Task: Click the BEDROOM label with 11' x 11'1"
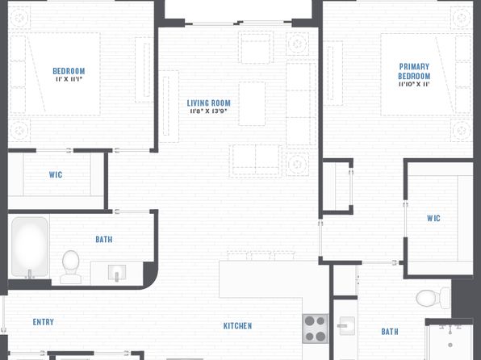(69, 71)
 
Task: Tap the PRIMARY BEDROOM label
(414, 71)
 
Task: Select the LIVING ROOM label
(208, 103)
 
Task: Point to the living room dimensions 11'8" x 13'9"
(208, 111)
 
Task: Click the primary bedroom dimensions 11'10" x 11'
(414, 84)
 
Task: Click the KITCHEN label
(238, 325)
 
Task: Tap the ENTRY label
(44, 322)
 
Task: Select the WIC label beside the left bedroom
(56, 174)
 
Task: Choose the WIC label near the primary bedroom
(433, 218)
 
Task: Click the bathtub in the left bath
(30, 247)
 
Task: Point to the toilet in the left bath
(71, 266)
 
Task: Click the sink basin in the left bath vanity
(117, 273)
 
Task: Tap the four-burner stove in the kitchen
(315, 329)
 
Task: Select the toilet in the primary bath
(433, 298)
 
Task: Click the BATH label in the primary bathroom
(390, 332)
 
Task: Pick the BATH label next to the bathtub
(103, 240)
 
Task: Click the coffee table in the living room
(252, 103)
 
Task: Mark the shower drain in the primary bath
(450, 345)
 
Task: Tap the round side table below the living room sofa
(297, 164)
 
